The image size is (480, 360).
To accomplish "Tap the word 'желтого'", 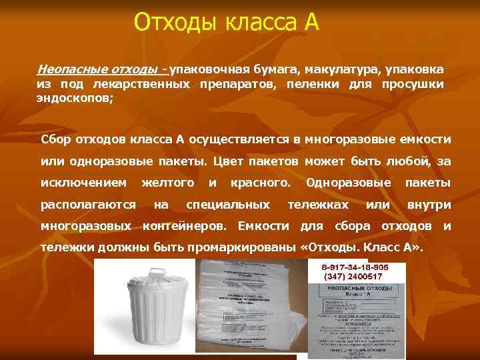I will click(x=169, y=182).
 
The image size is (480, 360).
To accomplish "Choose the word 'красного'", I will click(x=260, y=182).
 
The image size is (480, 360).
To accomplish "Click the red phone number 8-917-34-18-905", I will click(x=354, y=267).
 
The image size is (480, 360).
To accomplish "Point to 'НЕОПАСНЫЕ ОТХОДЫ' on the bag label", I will click(x=354, y=287).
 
